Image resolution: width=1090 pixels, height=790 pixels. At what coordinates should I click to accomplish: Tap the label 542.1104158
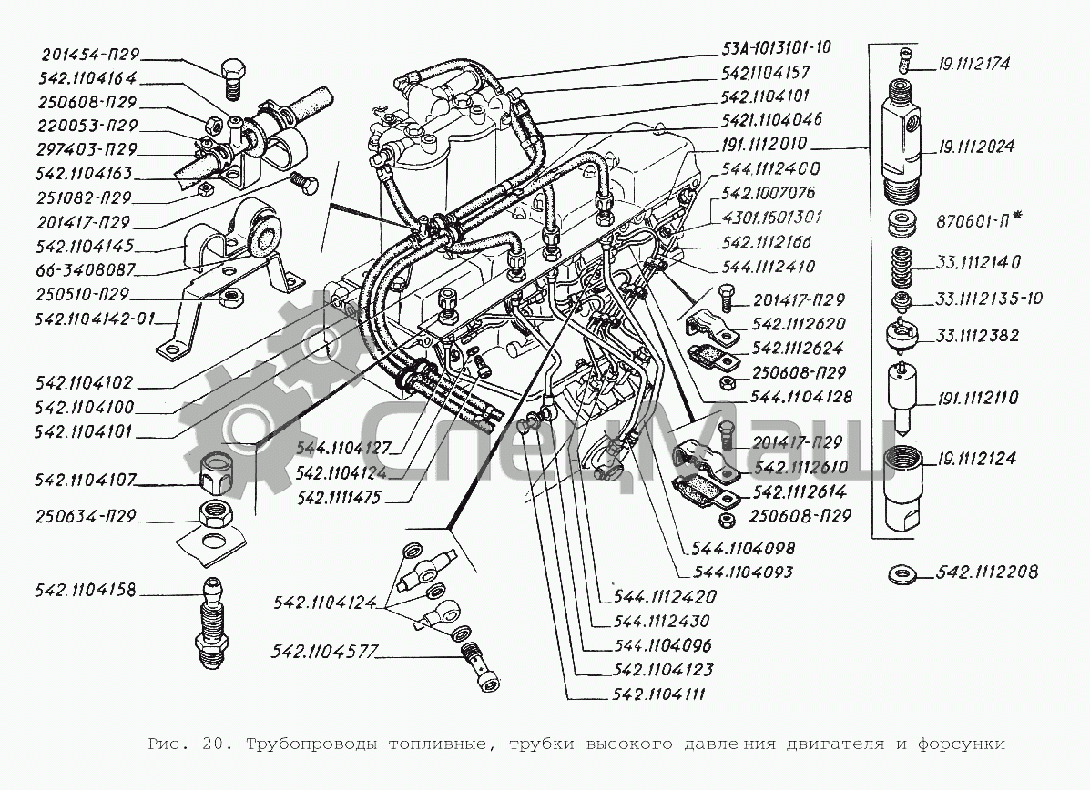point(85,590)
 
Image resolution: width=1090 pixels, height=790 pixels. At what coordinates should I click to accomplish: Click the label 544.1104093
point(743,572)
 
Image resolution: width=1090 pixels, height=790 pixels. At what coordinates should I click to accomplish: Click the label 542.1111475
point(339,498)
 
